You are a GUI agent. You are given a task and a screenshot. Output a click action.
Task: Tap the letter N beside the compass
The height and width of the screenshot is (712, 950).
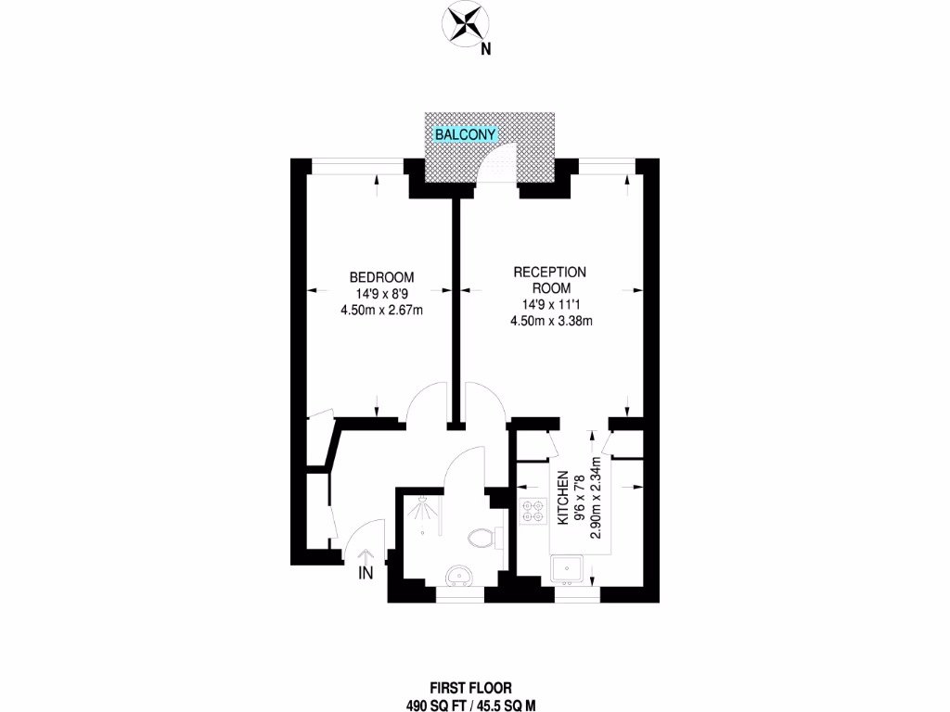point(485,51)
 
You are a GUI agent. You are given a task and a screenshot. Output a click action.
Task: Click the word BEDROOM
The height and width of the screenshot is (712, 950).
point(381,277)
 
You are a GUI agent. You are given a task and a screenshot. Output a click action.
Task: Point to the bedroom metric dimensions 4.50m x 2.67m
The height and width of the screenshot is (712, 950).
point(381,310)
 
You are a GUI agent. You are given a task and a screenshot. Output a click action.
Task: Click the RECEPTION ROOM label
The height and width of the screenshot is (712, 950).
point(551,280)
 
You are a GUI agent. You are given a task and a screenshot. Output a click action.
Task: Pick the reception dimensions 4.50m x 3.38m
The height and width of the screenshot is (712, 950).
point(551,321)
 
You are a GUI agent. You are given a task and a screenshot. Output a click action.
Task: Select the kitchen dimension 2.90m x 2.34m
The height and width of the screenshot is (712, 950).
point(597,498)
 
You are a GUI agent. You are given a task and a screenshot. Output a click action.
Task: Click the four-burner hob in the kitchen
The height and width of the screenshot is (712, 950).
point(534,513)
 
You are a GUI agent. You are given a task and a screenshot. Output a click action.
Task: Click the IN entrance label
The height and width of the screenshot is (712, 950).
point(366,573)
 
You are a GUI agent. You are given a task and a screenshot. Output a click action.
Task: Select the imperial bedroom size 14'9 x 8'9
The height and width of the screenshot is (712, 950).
point(381,294)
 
